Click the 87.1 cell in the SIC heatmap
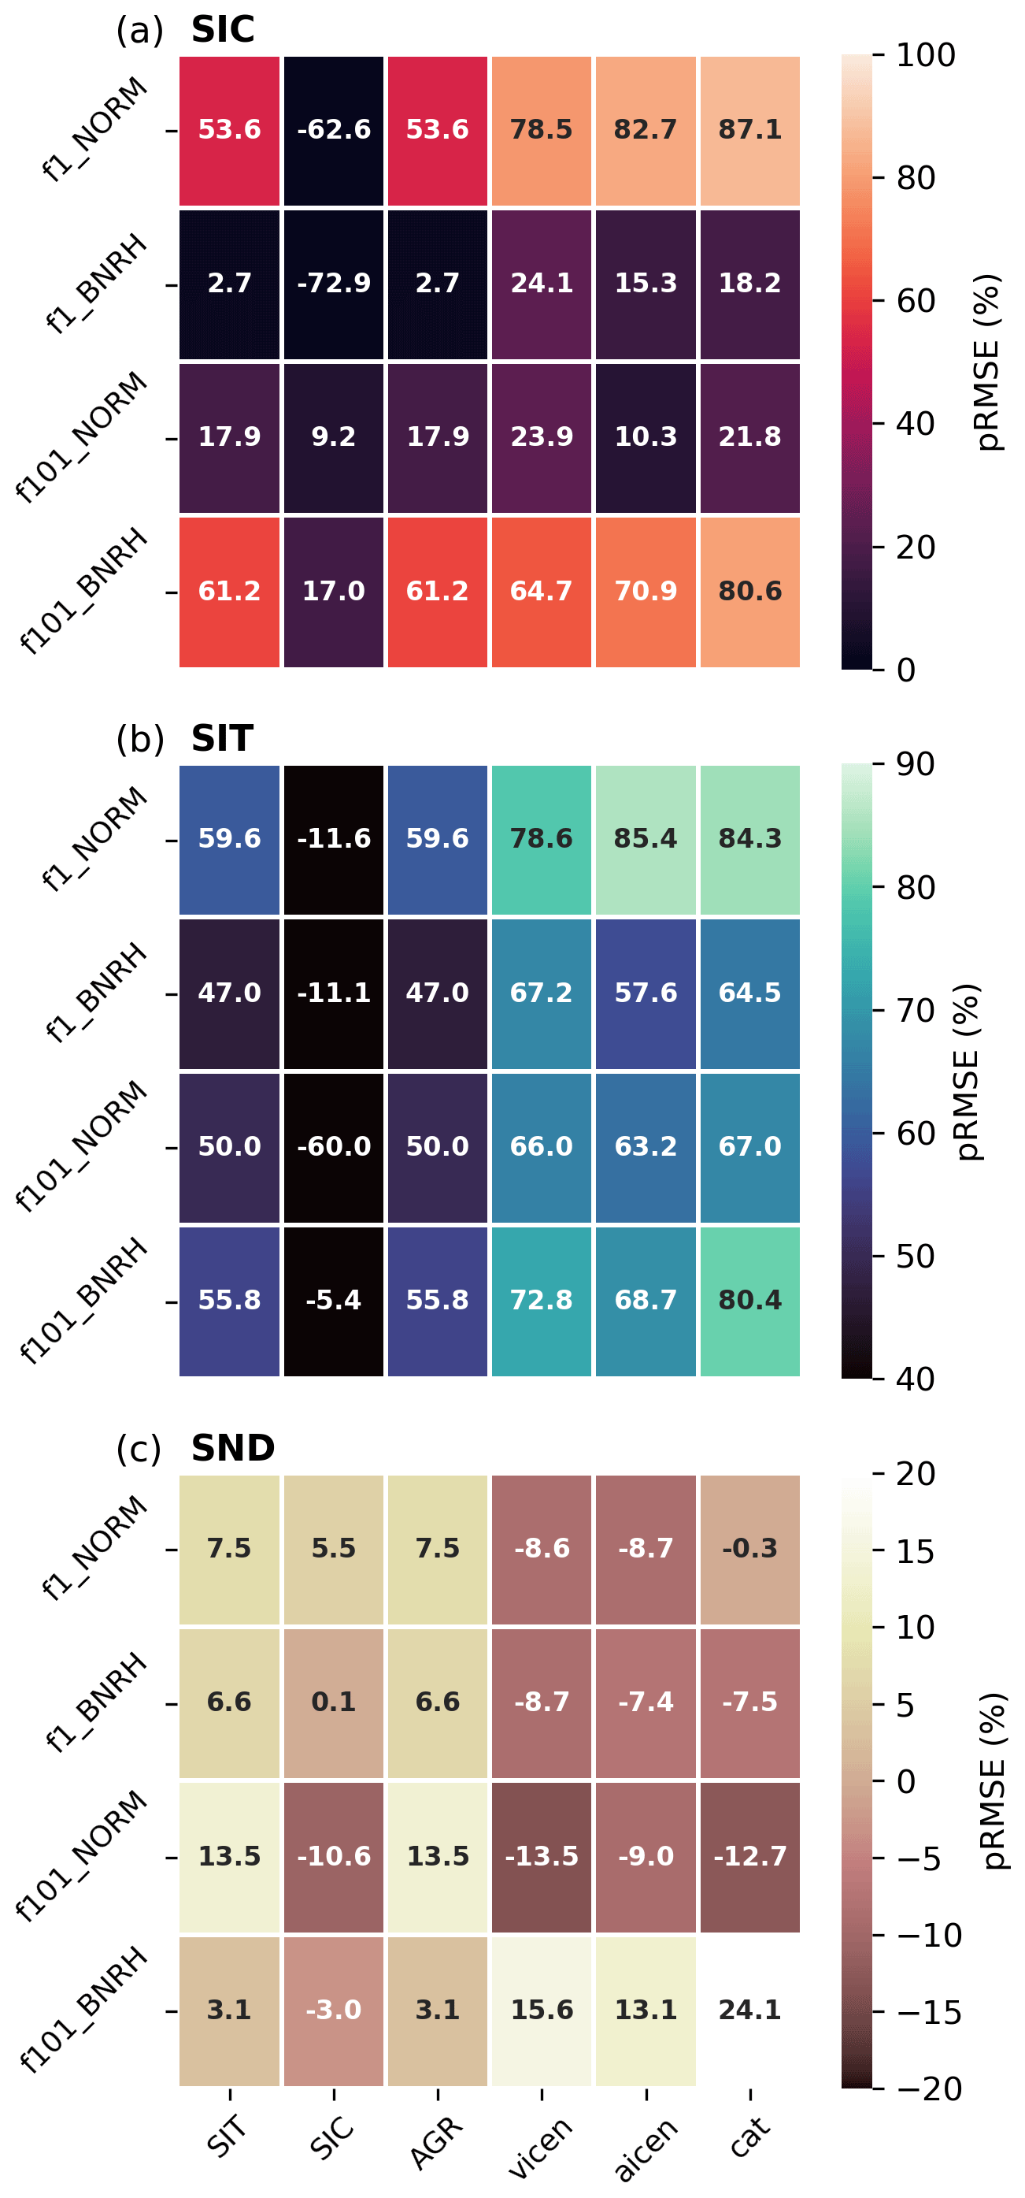pos(749,130)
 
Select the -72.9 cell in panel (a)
pos(334,284)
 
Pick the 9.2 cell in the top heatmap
pos(334,437)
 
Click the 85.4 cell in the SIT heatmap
pos(646,839)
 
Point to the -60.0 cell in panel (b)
pos(334,1146)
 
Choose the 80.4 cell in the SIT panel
pos(749,1301)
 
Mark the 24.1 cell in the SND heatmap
pos(749,2011)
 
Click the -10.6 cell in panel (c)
pos(334,1856)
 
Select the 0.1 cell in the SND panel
pos(334,1702)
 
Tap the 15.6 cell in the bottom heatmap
pos(542,2011)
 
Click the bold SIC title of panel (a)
pos(223,30)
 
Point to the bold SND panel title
pos(233,1448)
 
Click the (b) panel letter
pos(140,739)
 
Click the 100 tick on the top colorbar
pos(925,55)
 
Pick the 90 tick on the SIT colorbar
pos(915,764)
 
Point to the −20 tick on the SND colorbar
pos(929,2088)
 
